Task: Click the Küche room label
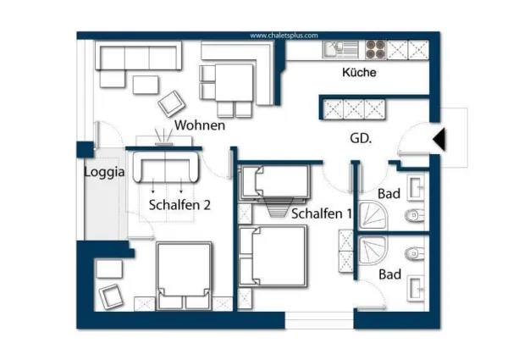click(359, 73)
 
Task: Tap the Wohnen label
click(200, 125)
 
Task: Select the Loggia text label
click(104, 172)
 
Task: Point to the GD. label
click(362, 137)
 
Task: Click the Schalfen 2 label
click(179, 204)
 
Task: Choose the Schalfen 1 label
click(321, 214)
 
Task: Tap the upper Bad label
click(389, 194)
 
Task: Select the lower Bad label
click(389, 274)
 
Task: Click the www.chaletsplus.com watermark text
click(284, 36)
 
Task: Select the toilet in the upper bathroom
click(415, 214)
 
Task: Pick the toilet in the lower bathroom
click(415, 252)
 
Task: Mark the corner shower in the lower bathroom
click(373, 252)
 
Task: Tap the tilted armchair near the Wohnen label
click(172, 103)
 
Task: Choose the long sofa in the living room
click(140, 58)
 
